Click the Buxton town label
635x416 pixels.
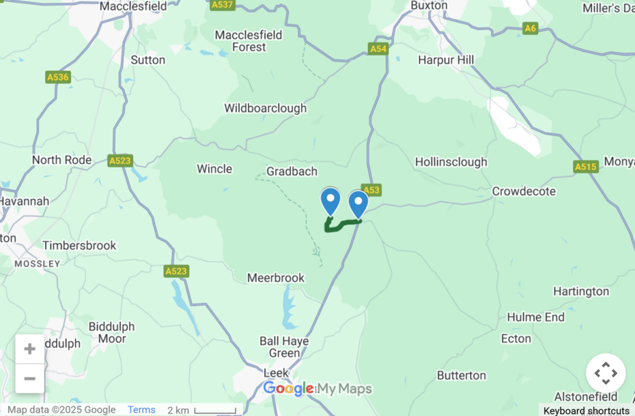tap(429, 5)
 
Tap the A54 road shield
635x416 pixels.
tap(378, 48)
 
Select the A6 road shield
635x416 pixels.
tap(531, 28)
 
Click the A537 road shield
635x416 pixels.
tap(223, 5)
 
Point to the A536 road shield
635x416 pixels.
tap(58, 77)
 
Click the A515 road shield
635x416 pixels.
tap(586, 167)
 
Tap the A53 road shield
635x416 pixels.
tap(371, 190)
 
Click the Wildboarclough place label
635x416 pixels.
tap(266, 108)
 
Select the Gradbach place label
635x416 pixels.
tap(292, 171)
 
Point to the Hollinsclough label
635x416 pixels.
tap(451, 162)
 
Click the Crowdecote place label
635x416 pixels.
tap(524, 191)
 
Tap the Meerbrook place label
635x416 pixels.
tap(276, 278)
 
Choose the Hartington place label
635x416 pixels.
tap(581, 292)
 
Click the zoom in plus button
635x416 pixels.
tap(30, 349)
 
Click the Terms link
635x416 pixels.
tap(141, 410)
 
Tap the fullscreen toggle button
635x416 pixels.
tap(606, 373)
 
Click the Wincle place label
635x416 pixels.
tap(214, 169)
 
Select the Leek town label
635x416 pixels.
tap(275, 373)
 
